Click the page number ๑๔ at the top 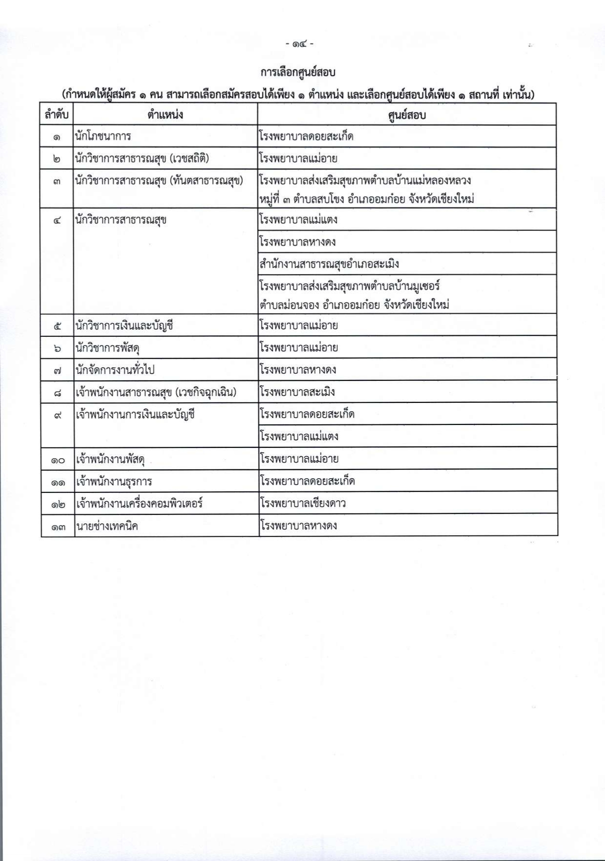point(300,44)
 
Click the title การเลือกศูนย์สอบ point(298,73)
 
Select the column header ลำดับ point(57,115)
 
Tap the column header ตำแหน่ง point(165,115)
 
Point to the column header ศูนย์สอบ point(407,115)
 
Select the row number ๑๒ point(58,504)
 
